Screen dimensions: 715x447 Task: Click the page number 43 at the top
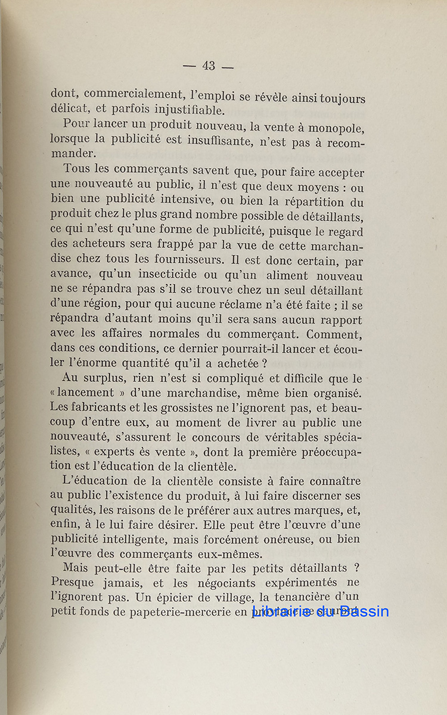209,66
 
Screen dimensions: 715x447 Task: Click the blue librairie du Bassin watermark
321,611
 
